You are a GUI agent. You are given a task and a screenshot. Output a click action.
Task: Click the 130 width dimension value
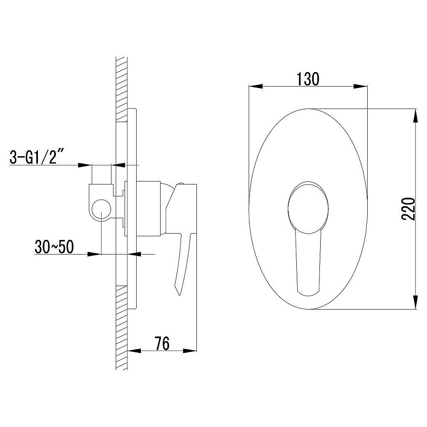pyautogui.click(x=308, y=79)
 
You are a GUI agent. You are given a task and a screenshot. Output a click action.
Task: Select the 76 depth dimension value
pyautogui.click(x=162, y=343)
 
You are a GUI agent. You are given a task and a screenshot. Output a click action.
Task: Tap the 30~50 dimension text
pyautogui.click(x=54, y=247)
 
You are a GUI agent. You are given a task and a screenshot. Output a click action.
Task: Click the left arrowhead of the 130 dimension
pyautogui.click(x=256, y=86)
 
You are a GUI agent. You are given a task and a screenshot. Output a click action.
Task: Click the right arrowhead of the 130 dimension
pyautogui.click(x=360, y=86)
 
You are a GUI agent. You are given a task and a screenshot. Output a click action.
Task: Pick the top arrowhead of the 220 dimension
pyautogui.click(x=415, y=116)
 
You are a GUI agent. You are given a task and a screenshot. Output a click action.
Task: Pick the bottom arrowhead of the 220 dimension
pyautogui.click(x=415, y=302)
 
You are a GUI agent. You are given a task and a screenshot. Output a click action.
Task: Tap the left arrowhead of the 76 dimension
pyautogui.click(x=134, y=351)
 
